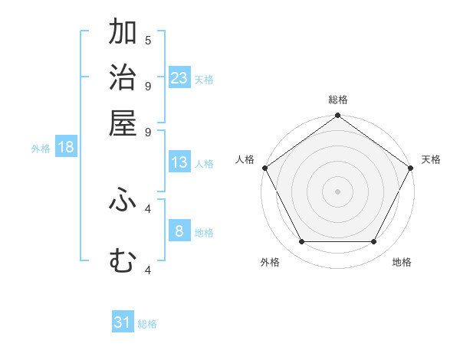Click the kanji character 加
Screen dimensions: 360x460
[x=123, y=33]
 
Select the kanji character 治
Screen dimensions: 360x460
[x=123, y=78]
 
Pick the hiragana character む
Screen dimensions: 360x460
[x=123, y=261]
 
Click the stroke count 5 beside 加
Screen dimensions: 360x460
[x=148, y=40]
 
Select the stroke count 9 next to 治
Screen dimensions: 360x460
[x=148, y=85]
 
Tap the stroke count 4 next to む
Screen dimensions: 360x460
[x=148, y=269]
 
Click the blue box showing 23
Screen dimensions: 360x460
[x=179, y=77]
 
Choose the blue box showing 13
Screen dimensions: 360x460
[x=179, y=162]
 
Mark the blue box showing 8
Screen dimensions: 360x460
[x=179, y=231]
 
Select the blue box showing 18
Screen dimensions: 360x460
[x=66, y=148]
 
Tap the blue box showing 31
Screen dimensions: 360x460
[x=123, y=322]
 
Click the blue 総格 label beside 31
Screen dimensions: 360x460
[x=147, y=324]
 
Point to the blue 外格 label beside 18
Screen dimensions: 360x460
[x=41, y=149]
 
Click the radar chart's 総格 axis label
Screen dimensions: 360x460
[x=337, y=100]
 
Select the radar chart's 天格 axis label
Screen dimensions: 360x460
[x=431, y=159]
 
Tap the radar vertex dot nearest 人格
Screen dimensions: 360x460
[x=264, y=168]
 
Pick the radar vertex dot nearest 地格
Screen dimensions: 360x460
[x=374, y=241]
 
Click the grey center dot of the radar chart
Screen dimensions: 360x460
[x=337, y=191]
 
